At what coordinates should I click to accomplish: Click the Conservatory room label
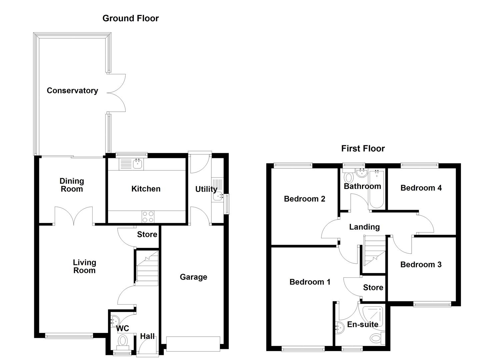click(72, 91)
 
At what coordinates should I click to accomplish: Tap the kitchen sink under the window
click(137, 164)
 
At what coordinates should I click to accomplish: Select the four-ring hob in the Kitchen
click(148, 217)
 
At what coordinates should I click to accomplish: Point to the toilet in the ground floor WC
click(123, 341)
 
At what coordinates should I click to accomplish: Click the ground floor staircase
click(147, 268)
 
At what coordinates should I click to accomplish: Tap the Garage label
click(193, 277)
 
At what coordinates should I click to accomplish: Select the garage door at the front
click(193, 344)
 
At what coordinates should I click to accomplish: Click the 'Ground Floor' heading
click(130, 18)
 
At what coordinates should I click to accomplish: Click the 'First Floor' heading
click(363, 149)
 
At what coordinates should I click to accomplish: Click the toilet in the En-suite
click(377, 339)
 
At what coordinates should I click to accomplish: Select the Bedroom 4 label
click(421, 188)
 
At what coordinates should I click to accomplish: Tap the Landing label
click(364, 227)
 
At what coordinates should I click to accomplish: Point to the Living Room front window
click(69, 336)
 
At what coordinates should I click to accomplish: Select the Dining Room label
click(72, 185)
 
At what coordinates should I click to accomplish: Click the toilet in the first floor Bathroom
click(349, 177)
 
